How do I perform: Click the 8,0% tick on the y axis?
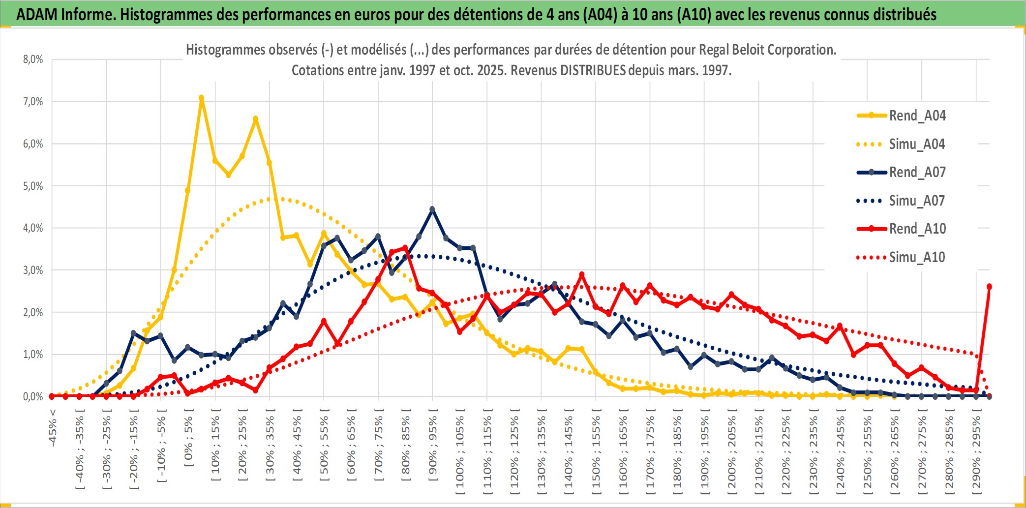click(33, 60)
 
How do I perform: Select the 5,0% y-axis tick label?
click(33, 186)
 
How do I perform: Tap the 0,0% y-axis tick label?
click(33, 396)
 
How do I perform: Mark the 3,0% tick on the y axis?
click(33, 270)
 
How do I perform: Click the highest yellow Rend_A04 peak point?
click(201, 98)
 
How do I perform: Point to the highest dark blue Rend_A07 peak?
click(432, 209)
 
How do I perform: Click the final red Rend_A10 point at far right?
click(989, 286)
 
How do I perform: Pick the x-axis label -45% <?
click(53, 428)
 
